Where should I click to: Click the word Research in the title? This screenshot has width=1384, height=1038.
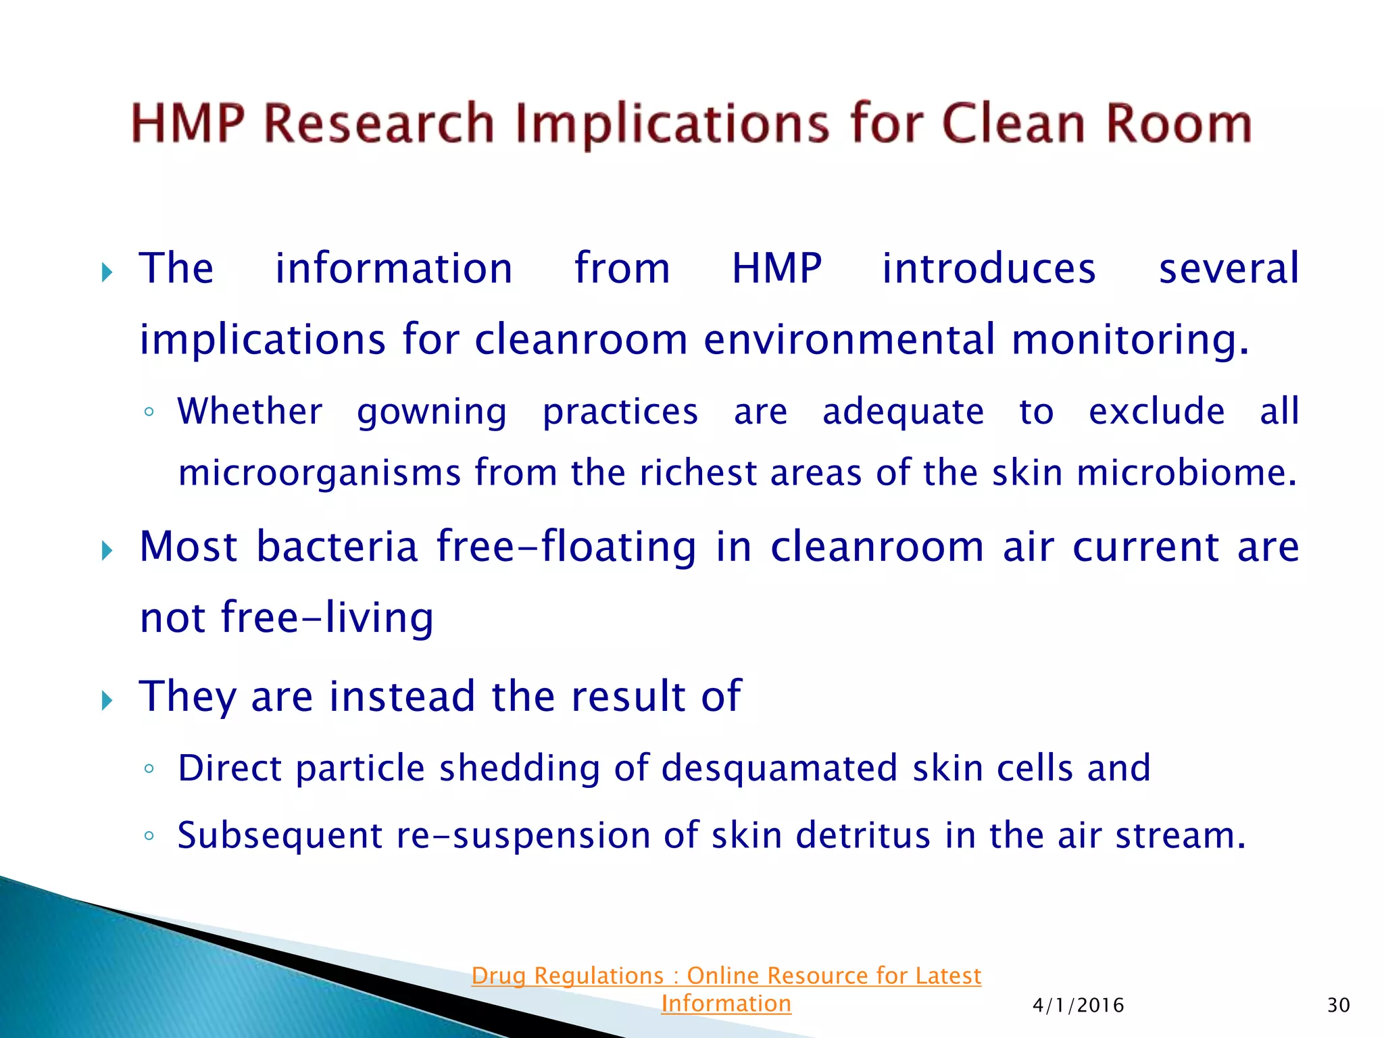pyautogui.click(x=378, y=124)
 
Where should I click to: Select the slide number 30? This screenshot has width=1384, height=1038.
pyautogui.click(x=1338, y=1006)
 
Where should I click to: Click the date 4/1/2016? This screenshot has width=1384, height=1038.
pyautogui.click(x=1078, y=1006)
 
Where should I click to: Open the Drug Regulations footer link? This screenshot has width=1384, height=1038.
pyautogui.click(x=726, y=976)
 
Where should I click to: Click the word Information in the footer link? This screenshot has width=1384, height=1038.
pyautogui.click(x=726, y=1004)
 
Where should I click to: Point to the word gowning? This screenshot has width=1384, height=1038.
pyautogui.click(x=432, y=412)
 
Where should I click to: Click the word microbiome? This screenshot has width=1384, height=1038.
pyautogui.click(x=1187, y=472)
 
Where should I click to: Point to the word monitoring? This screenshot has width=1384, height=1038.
pyautogui.click(x=1130, y=339)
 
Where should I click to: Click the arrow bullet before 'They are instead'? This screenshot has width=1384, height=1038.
pyautogui.click(x=107, y=700)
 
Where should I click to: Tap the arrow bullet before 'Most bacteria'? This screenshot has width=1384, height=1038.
pyautogui.click(x=107, y=550)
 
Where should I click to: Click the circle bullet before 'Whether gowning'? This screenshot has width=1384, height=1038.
pyautogui.click(x=149, y=412)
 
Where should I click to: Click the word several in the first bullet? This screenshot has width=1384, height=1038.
pyautogui.click(x=1229, y=268)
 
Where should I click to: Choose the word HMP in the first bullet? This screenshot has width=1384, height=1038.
pyautogui.click(x=776, y=268)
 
